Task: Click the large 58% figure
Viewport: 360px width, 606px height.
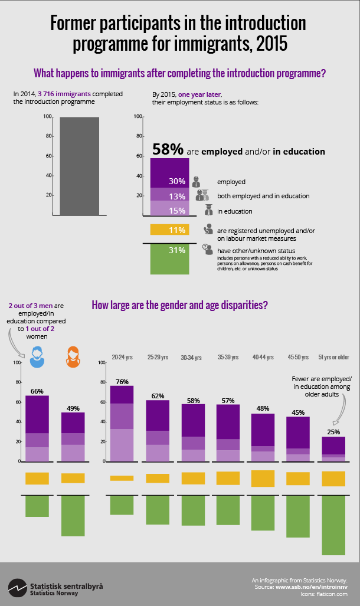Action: pyautogui.click(x=168, y=149)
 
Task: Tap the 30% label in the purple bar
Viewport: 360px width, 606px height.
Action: pyautogui.click(x=178, y=182)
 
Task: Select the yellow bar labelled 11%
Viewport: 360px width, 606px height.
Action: pyautogui.click(x=169, y=230)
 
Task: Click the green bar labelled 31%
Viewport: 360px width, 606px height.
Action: pyautogui.click(x=169, y=258)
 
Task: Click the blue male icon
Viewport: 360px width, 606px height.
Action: pyautogui.click(x=37, y=355)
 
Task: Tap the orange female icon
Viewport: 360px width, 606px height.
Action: pyautogui.click(x=73, y=355)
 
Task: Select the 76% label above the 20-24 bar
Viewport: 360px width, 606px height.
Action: pyautogui.click(x=122, y=381)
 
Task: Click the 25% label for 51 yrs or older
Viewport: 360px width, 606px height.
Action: pyautogui.click(x=333, y=432)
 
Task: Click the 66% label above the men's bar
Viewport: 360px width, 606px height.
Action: pyautogui.click(x=37, y=391)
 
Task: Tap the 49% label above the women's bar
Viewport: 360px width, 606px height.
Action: pyautogui.click(x=73, y=408)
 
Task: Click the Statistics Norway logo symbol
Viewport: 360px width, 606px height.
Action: pyautogui.click(x=18, y=588)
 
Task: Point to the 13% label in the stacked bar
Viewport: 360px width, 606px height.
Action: pyautogui.click(x=178, y=196)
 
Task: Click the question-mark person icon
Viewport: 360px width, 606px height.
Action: pyautogui.click(x=207, y=250)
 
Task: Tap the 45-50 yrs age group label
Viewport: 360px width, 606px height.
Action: pyautogui.click(x=298, y=357)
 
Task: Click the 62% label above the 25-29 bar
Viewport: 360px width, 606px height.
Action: pyautogui.click(x=158, y=395)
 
